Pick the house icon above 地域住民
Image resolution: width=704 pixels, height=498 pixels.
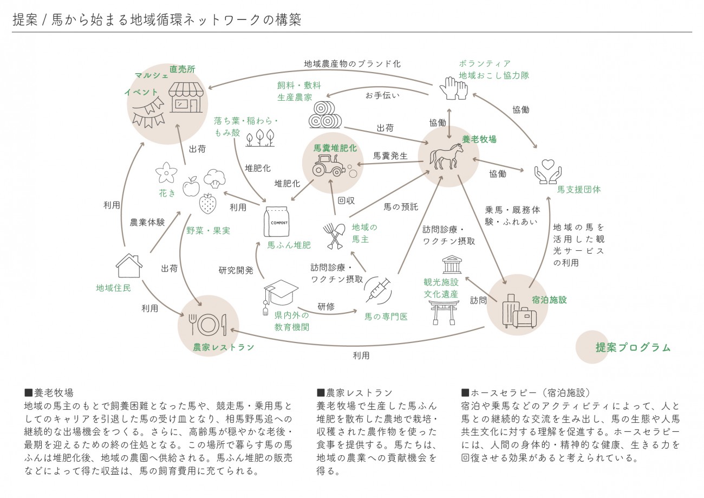point(129,266)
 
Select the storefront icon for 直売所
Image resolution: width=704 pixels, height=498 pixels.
point(187,97)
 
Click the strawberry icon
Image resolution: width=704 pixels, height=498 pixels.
point(207,203)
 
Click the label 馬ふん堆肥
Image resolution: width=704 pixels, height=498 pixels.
point(289,245)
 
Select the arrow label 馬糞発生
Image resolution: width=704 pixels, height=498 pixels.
point(390,156)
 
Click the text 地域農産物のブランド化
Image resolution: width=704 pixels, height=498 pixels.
point(352,63)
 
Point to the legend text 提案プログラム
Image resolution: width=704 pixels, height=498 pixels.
point(633,348)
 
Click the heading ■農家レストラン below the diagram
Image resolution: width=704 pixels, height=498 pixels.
point(354,392)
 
